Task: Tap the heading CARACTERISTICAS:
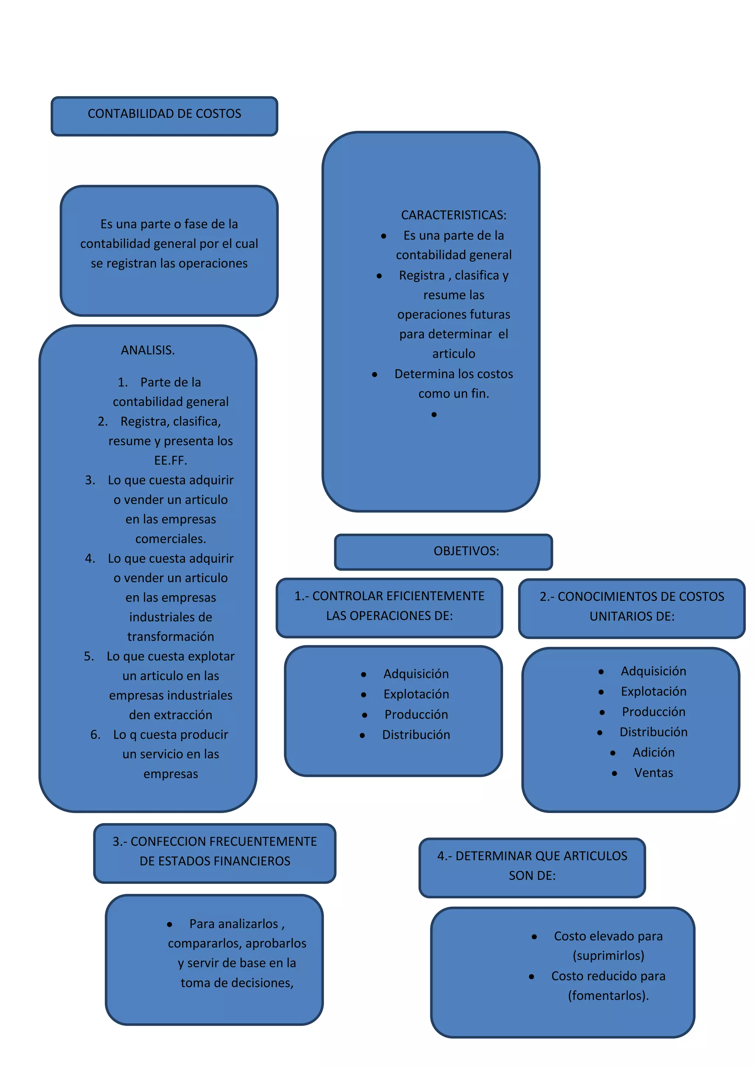[453, 215]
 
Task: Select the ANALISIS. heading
[148, 350]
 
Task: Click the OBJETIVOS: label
[466, 551]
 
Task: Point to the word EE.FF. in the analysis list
[171, 461]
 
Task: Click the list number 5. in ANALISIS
[89, 656]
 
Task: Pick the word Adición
[653, 752]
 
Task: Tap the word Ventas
[653, 773]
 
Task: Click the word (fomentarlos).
[608, 996]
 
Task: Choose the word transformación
[171, 637]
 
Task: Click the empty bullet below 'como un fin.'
[434, 414]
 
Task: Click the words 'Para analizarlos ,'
[237, 924]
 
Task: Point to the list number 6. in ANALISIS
[95, 735]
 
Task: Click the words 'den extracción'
[171, 715]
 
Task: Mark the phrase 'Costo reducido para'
[608, 976]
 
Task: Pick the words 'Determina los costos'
[453, 374]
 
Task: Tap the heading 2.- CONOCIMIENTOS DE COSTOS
[632, 597]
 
